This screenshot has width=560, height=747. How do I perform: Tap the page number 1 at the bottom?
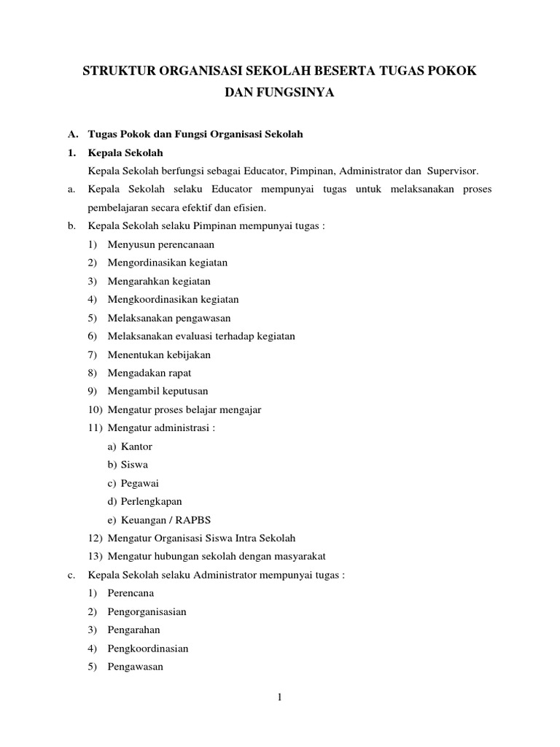(x=279, y=698)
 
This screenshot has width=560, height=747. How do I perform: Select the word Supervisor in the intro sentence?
(x=451, y=171)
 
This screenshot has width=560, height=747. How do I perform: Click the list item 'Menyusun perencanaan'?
(x=160, y=244)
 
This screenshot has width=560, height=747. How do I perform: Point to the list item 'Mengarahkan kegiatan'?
(x=159, y=281)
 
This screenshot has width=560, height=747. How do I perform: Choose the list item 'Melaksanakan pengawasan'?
(x=168, y=318)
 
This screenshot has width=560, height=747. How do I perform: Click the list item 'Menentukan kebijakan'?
(x=159, y=355)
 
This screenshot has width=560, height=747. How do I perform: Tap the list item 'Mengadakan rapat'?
(x=149, y=373)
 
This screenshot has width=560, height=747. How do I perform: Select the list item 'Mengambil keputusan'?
(x=157, y=391)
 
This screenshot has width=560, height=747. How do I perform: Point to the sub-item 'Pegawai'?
(x=139, y=483)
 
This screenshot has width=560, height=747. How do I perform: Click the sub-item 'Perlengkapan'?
(x=151, y=501)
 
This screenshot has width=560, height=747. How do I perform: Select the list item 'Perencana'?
(x=131, y=593)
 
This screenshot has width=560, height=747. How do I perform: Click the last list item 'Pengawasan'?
(x=135, y=667)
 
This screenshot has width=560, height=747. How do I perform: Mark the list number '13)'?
(x=96, y=556)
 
